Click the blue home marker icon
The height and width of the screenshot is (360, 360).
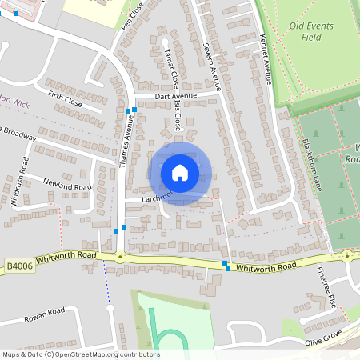tap(180, 172)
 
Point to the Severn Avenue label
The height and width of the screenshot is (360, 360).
tap(211, 65)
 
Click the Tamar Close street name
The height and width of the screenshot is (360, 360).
tap(170, 68)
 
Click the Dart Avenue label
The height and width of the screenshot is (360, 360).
tap(175, 96)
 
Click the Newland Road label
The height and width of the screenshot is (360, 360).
tap(67, 186)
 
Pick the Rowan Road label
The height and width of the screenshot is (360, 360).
tap(44, 311)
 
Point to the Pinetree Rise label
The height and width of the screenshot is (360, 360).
tap(326, 286)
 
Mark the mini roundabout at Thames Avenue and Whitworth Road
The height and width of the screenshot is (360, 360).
tap(120, 257)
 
